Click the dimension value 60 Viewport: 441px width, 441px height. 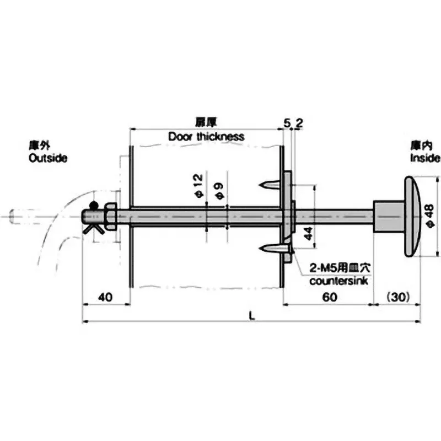click(x=329, y=297)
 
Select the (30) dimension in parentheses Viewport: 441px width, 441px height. click(x=396, y=297)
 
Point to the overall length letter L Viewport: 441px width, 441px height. click(x=251, y=315)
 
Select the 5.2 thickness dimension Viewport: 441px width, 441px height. click(x=292, y=123)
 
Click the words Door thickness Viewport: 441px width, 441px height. click(x=206, y=136)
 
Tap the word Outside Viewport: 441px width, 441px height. click(x=47, y=158)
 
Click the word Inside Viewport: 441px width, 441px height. click(x=424, y=158)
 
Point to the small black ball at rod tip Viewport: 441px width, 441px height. click(x=93, y=206)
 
